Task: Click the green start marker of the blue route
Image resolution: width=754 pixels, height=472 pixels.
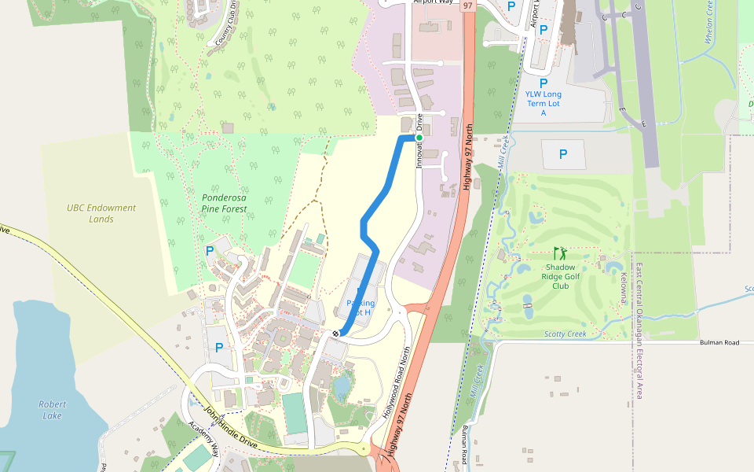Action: [x=419, y=138]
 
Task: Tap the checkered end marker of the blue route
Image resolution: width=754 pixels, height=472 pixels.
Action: [x=336, y=334]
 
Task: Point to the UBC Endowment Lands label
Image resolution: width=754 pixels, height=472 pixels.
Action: [x=101, y=213]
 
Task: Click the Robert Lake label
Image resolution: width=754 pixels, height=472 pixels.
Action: [x=53, y=409]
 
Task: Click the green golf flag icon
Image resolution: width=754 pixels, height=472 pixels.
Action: [x=560, y=253]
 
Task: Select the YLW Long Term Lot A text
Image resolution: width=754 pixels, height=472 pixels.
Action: [x=544, y=104]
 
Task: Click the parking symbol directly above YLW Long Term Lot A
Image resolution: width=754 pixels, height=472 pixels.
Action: [x=544, y=83]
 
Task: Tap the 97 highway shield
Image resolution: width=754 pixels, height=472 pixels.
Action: [x=468, y=6]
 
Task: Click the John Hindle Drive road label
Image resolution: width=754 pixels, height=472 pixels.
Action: [x=230, y=429]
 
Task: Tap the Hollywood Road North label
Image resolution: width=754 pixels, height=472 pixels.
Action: [x=397, y=383]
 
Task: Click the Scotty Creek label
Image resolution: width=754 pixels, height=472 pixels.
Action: [x=565, y=334]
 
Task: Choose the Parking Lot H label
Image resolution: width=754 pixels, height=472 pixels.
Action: [x=361, y=307]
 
